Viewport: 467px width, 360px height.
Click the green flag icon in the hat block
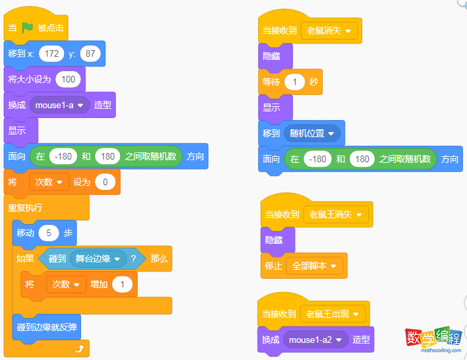click(28, 28)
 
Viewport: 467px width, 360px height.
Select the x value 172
click(51, 53)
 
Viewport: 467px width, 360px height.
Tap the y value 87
click(90, 53)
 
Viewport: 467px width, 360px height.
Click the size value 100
click(69, 79)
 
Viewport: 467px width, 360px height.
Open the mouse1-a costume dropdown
click(59, 105)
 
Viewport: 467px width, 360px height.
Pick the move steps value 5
click(49, 233)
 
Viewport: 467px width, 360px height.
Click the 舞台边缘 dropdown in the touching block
click(98, 258)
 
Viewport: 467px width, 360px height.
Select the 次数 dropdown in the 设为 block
click(49, 182)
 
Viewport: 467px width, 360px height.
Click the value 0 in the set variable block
click(105, 182)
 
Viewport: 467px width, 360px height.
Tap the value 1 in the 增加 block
click(122, 284)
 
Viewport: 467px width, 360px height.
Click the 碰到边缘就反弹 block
click(47, 327)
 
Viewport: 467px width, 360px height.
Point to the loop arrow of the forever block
click(80, 348)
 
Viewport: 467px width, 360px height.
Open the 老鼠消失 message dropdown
click(329, 31)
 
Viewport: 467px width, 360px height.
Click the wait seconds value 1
click(294, 82)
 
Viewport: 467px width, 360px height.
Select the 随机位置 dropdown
click(312, 133)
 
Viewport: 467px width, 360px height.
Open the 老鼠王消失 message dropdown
click(336, 214)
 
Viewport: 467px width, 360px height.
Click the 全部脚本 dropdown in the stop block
click(314, 266)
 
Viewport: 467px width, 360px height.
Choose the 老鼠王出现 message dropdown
click(333, 314)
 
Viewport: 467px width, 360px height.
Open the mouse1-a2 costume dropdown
click(316, 340)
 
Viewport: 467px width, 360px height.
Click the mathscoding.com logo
click(433, 340)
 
